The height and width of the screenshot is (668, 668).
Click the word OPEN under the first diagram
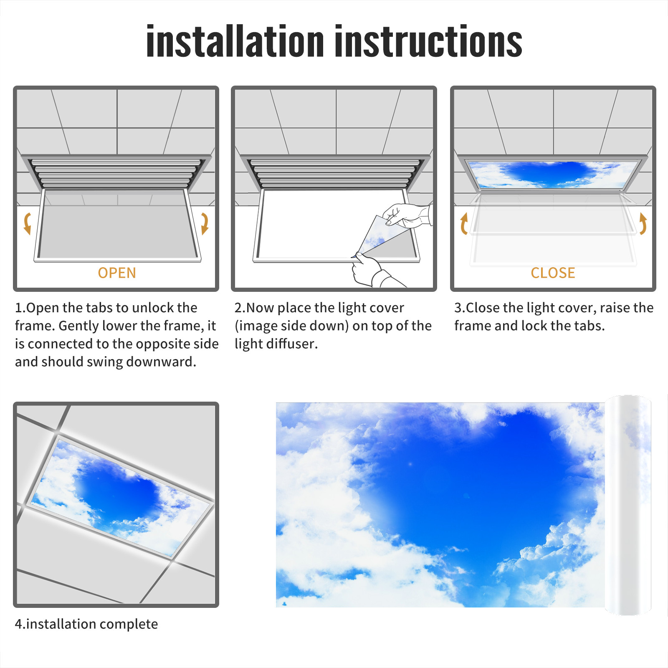click(x=117, y=273)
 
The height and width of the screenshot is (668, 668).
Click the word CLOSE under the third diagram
click(x=553, y=273)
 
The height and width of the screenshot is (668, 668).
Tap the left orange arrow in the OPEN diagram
click(x=28, y=223)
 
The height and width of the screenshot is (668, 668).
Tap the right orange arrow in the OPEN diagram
click(x=205, y=223)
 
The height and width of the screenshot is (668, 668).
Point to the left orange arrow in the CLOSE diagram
click(x=464, y=223)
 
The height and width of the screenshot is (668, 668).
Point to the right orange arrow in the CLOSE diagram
click(x=643, y=223)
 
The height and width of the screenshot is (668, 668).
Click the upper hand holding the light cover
click(x=407, y=215)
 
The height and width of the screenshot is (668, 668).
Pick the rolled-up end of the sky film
click(x=628, y=505)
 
